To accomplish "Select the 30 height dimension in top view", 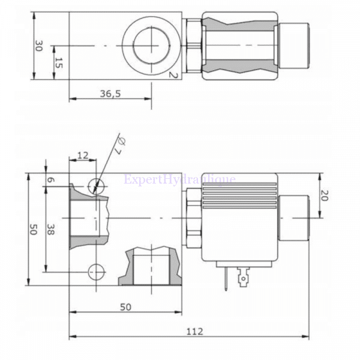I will pyautogui.click(x=39, y=46).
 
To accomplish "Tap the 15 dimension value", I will pyautogui.click(x=58, y=62).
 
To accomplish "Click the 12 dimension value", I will pyautogui.click(x=83, y=155).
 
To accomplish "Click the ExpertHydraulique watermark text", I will pyautogui.click(x=179, y=179).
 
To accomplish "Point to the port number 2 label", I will pyautogui.click(x=172, y=75).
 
